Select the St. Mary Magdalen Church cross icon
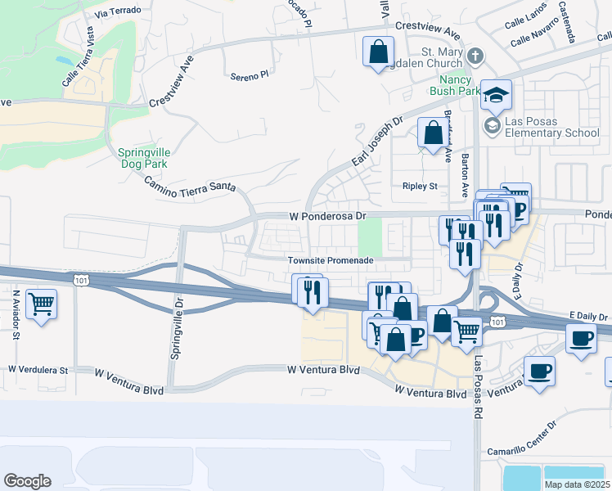[476, 56]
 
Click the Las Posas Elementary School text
[552, 128]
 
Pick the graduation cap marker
[496, 96]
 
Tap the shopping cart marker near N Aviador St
[41, 305]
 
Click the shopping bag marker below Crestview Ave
[378, 52]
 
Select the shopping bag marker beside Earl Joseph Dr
[432, 132]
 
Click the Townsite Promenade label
[330, 260]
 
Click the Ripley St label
[420, 186]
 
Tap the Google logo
[28, 480]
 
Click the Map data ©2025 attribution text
[576, 484]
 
